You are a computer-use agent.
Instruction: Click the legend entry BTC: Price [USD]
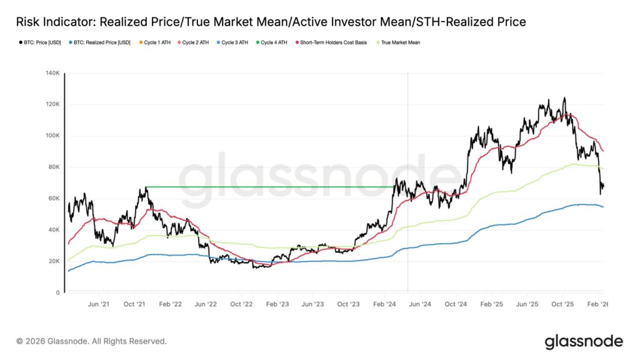38,42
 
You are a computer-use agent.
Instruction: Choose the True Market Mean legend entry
400,42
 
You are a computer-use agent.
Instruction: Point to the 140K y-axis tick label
52,73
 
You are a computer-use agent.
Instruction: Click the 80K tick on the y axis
53,167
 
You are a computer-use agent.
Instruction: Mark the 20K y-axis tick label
53,261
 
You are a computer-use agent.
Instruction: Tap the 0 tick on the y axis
57,292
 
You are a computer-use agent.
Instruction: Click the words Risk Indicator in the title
54,22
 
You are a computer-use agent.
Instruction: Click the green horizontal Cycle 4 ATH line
269,186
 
